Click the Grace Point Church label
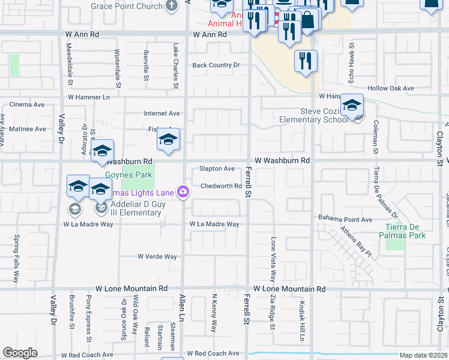(x=127, y=6)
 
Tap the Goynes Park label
(x=127, y=175)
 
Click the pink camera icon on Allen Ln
(x=183, y=192)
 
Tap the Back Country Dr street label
(x=215, y=65)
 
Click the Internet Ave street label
(x=161, y=113)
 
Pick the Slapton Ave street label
(x=217, y=169)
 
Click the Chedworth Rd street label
(x=220, y=186)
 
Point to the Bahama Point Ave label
(x=345, y=220)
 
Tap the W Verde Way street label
(x=157, y=256)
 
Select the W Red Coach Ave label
(x=213, y=354)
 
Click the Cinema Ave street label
(x=27, y=104)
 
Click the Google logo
(x=20, y=353)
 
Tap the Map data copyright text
(x=424, y=355)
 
